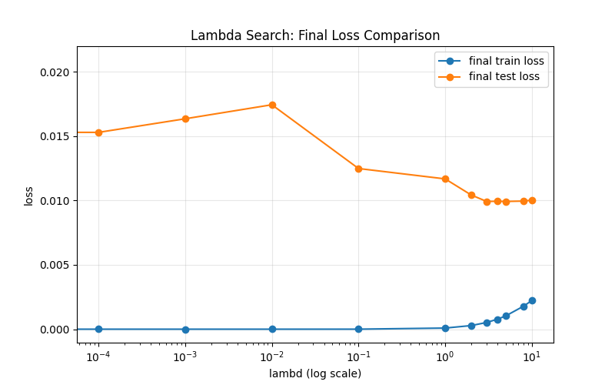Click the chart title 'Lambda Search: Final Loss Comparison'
point(315,35)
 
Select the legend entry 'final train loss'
point(506,61)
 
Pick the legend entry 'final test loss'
point(504,76)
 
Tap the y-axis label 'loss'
point(28,196)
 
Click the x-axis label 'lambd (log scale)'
point(315,373)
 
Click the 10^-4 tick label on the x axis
point(98,357)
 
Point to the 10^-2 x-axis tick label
point(271,357)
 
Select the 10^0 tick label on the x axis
point(444,357)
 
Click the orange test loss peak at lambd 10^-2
point(272,105)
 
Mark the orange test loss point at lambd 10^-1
point(358,169)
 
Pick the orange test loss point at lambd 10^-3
point(185,119)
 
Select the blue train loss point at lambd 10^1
point(532,300)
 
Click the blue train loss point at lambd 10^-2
point(272,330)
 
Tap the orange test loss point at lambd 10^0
point(445,179)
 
